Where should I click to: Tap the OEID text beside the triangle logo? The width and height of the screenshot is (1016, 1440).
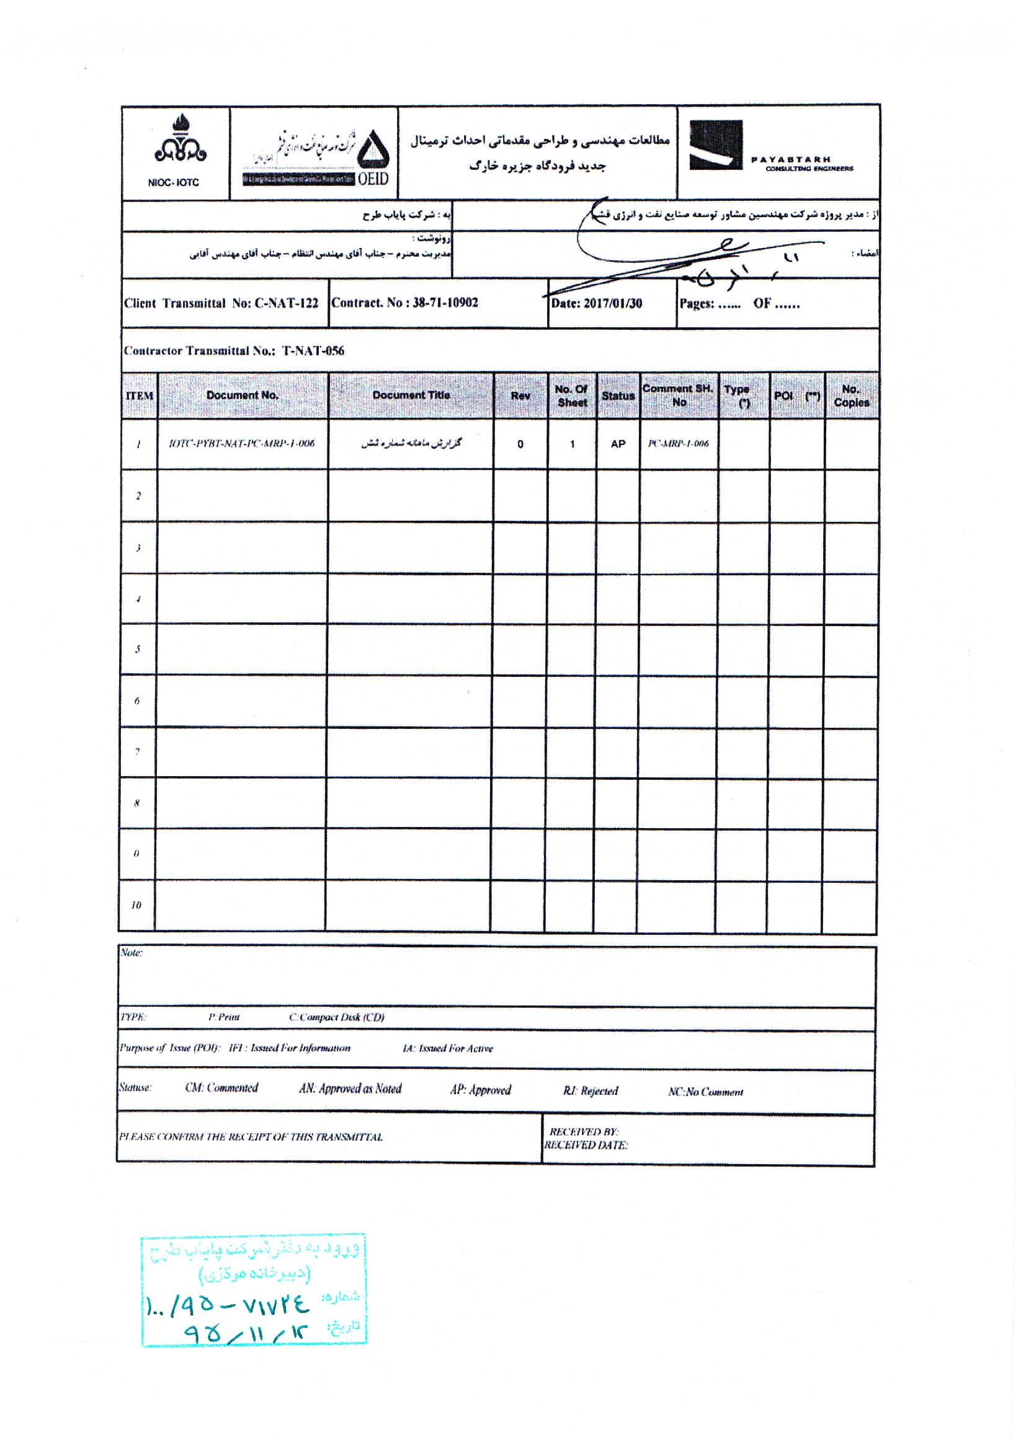373,179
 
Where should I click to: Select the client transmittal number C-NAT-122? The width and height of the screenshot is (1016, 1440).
285,304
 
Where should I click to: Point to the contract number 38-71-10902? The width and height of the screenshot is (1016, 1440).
445,303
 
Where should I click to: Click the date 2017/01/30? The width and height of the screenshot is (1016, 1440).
612,304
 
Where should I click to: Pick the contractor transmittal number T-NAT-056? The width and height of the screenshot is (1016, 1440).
313,351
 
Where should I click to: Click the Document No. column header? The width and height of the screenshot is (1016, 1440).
243,395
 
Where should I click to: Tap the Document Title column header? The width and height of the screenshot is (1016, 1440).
411,395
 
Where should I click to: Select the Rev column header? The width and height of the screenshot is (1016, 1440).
520,395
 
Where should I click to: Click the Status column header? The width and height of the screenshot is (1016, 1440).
618,395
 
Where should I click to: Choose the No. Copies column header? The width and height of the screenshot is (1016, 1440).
851,395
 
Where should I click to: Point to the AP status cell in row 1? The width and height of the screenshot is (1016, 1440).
618,444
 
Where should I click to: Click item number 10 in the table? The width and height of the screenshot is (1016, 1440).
136,905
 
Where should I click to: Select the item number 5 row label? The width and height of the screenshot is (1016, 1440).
138,649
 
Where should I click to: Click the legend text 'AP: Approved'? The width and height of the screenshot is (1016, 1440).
480,1090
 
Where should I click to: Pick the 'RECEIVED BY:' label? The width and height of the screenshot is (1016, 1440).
584,1132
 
